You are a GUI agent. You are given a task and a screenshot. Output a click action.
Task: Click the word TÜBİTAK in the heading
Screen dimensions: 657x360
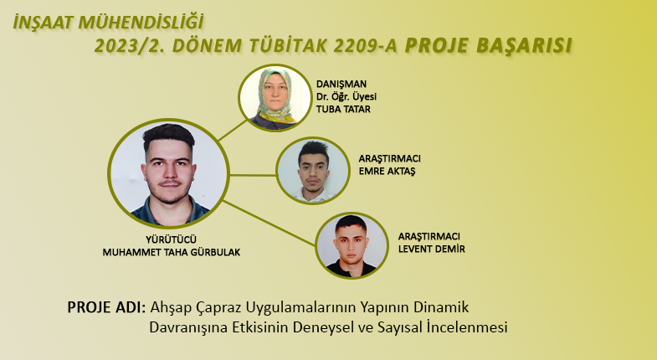(x=287, y=46)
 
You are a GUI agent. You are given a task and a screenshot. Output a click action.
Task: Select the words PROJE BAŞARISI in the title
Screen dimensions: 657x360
(x=488, y=46)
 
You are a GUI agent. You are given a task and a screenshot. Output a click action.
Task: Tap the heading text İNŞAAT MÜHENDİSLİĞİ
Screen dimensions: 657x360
(x=108, y=23)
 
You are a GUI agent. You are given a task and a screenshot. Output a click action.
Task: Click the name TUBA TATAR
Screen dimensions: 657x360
(x=343, y=110)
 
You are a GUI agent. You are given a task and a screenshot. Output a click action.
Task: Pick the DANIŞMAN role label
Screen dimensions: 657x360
(x=341, y=85)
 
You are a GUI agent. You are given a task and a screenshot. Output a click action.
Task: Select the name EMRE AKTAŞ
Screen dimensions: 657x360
(x=387, y=172)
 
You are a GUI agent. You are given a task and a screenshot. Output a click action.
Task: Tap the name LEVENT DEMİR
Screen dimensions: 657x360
(x=432, y=249)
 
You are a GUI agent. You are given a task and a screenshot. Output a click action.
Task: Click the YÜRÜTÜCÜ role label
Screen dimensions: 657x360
(x=171, y=239)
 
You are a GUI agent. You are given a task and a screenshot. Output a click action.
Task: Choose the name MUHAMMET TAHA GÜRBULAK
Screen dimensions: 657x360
(x=172, y=252)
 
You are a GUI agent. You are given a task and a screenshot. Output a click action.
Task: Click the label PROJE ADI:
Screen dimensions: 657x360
(x=106, y=307)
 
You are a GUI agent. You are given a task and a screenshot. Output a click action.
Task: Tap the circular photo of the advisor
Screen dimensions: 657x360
(x=275, y=97)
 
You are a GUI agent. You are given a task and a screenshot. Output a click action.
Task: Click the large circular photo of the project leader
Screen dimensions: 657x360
(x=168, y=173)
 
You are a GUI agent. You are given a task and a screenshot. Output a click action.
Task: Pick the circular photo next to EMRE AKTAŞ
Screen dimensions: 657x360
(x=313, y=171)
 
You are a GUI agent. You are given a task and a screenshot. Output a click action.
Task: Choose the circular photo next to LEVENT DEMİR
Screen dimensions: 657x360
(x=352, y=245)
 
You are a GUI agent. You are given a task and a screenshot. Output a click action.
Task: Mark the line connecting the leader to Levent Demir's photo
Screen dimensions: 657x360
(x=269, y=223)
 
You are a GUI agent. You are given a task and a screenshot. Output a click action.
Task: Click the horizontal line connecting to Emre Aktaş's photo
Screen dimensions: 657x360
(x=253, y=175)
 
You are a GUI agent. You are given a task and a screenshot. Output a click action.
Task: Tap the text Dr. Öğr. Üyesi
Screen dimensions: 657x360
(x=346, y=97)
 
